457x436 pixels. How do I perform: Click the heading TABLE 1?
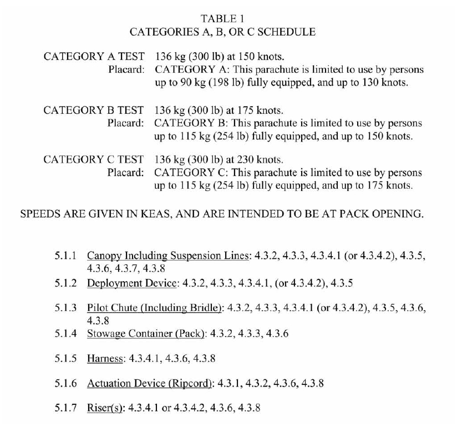pyautogui.click(x=222, y=18)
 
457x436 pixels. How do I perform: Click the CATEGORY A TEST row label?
pyautogui.click(x=94, y=56)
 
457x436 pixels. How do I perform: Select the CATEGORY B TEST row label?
pyautogui.click(x=94, y=109)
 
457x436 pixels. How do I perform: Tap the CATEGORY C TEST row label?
pyautogui.click(x=94, y=160)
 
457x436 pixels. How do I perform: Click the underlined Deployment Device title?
pyautogui.click(x=133, y=283)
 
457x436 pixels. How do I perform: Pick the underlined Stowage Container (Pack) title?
pyautogui.click(x=147, y=333)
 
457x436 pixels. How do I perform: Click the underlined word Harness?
pyautogui.click(x=105, y=359)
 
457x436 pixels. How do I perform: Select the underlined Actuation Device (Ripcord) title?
pyautogui.click(x=150, y=383)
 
